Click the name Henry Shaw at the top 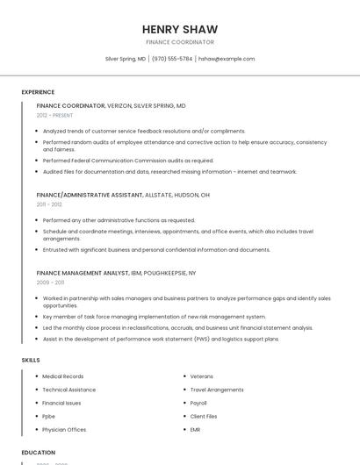[180, 29]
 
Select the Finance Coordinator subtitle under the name [180, 42]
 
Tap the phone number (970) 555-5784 [172, 59]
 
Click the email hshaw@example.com [227, 59]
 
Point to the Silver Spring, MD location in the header [126, 59]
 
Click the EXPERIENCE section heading [38, 92]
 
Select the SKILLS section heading [31, 360]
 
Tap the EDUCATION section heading [38, 453]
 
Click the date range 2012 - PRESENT [55, 115]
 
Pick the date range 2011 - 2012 [49, 204]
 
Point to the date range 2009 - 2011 [50, 283]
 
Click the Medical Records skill [63, 376]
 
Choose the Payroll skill [199, 403]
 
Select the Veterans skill [202, 376]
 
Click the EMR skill [196, 430]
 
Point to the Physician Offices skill [64, 430]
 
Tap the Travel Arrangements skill [217, 390]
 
